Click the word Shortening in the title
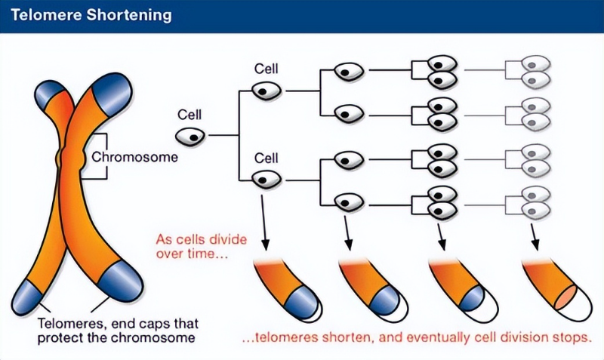129,16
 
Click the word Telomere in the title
46,15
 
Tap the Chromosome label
134,157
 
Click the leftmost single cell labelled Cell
190,137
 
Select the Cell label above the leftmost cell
190,115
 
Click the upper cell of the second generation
267,91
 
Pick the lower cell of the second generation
267,180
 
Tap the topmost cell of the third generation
349,72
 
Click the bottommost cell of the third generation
349,202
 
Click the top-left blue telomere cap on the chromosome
49,94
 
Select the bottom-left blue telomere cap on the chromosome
26,297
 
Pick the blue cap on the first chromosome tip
303,303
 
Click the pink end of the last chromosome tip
565,297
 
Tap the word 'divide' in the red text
227,239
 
